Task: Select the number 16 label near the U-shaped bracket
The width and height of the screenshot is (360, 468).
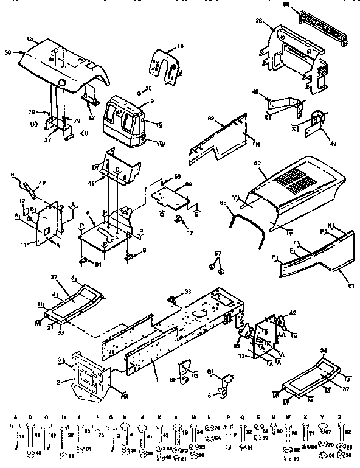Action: pos(180,46)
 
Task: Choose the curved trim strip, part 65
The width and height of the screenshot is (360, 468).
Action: pos(246,216)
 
